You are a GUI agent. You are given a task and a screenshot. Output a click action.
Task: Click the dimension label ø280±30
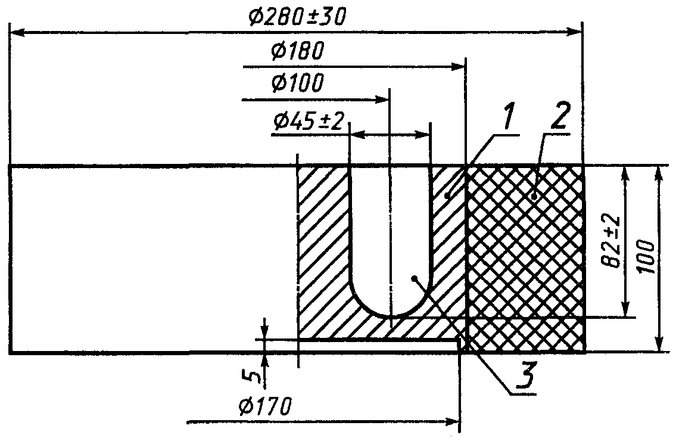coord(297,18)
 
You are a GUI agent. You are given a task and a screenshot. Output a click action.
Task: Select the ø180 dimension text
coord(297,51)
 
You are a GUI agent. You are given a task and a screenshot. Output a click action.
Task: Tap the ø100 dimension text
coord(297,83)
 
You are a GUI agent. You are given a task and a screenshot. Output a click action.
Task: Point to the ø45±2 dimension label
coord(309,122)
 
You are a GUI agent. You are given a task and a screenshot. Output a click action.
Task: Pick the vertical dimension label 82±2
coord(613,242)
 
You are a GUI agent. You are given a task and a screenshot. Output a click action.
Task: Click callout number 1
coord(508,117)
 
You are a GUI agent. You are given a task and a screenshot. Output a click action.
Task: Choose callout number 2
coord(559,116)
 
